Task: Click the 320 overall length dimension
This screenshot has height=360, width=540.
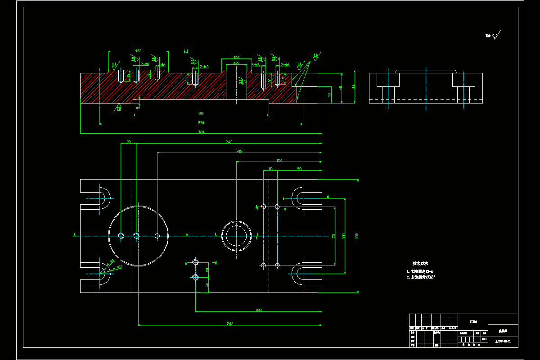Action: point(201,132)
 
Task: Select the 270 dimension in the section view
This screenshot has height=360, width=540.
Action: point(201,122)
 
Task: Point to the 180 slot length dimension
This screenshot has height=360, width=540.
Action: point(201,113)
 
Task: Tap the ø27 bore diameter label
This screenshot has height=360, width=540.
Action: point(236,63)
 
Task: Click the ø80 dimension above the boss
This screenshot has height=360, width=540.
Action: point(138,50)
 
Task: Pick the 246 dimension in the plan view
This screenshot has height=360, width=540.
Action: point(229,142)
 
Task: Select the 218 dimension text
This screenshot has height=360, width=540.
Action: point(239,151)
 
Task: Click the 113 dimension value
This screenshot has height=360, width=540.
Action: point(279,160)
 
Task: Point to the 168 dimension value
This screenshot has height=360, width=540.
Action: point(258,310)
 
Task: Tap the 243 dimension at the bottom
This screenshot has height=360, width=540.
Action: point(229,323)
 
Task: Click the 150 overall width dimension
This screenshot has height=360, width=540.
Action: point(357,235)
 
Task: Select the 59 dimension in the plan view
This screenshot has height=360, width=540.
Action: point(299,169)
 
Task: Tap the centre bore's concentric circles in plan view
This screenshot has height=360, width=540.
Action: point(236,235)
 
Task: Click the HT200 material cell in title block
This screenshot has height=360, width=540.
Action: point(473,321)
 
